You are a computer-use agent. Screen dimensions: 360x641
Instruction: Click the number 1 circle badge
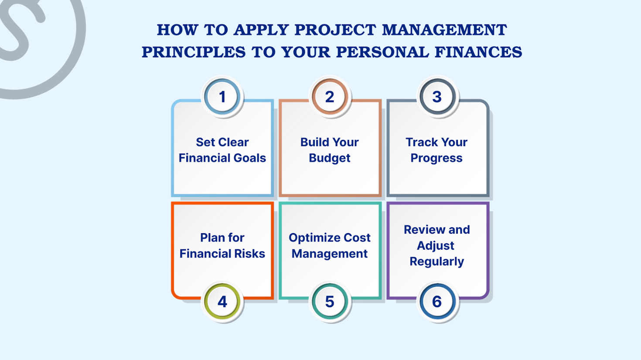pyautogui.click(x=222, y=97)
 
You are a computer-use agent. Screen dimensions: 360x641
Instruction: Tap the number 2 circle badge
pyautogui.click(x=330, y=97)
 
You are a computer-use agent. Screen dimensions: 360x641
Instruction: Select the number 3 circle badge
pyautogui.click(x=437, y=97)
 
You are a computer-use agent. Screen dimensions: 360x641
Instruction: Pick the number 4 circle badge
pyautogui.click(x=222, y=302)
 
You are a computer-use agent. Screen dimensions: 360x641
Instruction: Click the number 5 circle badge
pyautogui.click(x=330, y=302)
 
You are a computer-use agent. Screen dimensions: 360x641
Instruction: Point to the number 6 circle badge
pyautogui.click(x=437, y=302)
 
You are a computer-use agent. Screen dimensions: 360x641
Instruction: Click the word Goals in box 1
pyautogui.click(x=250, y=158)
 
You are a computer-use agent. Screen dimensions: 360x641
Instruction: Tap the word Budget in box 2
pyautogui.click(x=330, y=158)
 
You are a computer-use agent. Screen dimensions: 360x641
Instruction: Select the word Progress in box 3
pyautogui.click(x=436, y=158)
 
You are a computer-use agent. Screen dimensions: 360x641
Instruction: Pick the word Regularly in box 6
pyautogui.click(x=436, y=262)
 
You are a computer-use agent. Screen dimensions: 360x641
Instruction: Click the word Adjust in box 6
pyautogui.click(x=435, y=246)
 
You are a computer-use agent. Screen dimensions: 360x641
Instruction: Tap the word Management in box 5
pyautogui.click(x=330, y=254)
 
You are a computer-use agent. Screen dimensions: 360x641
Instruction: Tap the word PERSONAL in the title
pyautogui.click(x=382, y=52)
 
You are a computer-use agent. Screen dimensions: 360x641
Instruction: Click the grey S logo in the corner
pyautogui.click(x=26, y=31)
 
